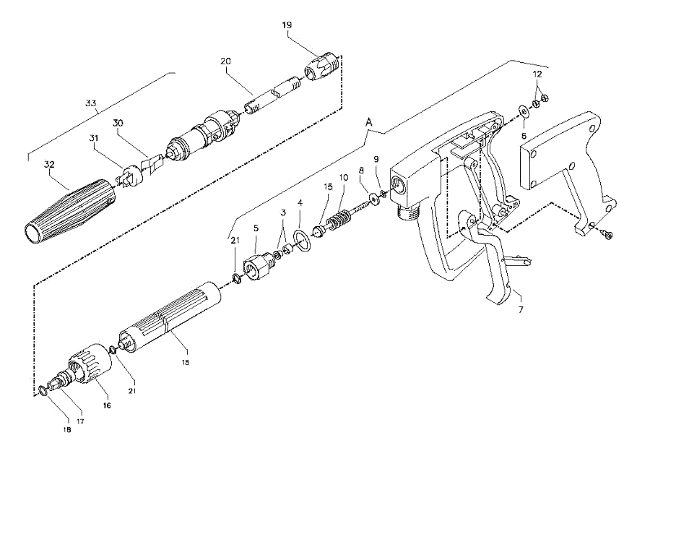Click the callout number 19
pyautogui.click(x=287, y=25)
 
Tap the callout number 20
pyautogui.click(x=225, y=61)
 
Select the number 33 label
pyautogui.click(x=90, y=103)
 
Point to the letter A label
pyautogui.click(x=368, y=123)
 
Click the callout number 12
pyautogui.click(x=537, y=74)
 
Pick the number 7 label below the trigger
pyautogui.click(x=521, y=309)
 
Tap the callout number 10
pyautogui.click(x=343, y=177)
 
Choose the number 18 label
pyautogui.click(x=67, y=430)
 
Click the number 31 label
pyautogui.click(x=94, y=138)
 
